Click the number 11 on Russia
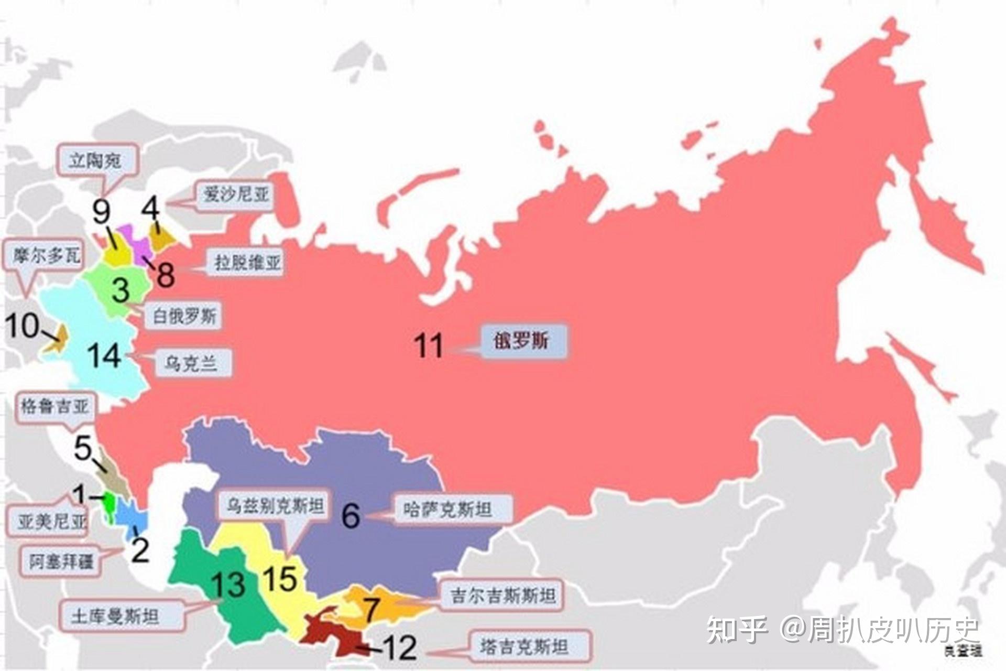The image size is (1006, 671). (x=429, y=345)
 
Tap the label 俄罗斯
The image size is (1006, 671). (x=521, y=341)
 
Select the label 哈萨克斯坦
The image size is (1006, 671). (x=449, y=509)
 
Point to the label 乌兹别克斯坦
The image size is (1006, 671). (x=275, y=506)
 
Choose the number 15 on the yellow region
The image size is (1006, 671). (x=280, y=579)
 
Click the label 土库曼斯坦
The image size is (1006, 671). (x=115, y=616)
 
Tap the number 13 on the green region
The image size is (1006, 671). (x=228, y=585)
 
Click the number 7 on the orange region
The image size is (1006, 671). (x=371, y=610)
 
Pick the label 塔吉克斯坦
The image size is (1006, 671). (x=524, y=647)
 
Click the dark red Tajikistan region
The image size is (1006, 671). (x=335, y=634)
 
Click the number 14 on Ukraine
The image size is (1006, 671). (x=105, y=356)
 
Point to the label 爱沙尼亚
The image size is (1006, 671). (x=236, y=196)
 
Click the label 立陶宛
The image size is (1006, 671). (x=95, y=159)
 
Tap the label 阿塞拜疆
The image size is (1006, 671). (x=62, y=562)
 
